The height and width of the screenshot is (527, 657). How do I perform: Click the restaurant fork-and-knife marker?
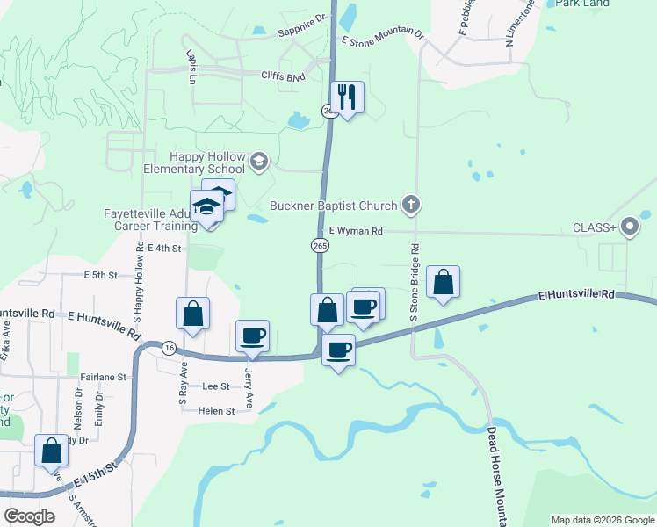point(347,97)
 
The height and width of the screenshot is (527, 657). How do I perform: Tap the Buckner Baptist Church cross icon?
point(410,206)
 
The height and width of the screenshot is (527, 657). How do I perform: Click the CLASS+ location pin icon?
point(630,227)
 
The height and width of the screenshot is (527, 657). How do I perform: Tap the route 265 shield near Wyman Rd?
point(320,247)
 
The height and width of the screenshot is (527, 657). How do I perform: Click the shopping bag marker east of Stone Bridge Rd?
point(444,282)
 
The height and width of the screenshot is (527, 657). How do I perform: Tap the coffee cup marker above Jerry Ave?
point(253,336)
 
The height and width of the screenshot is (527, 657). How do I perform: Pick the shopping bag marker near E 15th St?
point(52,451)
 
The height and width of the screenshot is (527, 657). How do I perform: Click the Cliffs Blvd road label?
point(283,76)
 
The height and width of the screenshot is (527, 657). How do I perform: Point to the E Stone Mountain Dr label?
point(382,40)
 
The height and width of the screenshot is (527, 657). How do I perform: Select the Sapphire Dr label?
point(301,29)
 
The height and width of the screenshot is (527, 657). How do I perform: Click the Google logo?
point(29,516)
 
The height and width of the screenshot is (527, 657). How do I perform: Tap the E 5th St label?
point(101,275)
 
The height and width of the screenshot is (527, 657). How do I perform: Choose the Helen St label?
point(216,410)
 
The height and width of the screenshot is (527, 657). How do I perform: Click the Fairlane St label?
point(104,377)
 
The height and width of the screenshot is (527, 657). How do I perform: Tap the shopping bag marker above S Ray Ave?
point(192,314)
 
